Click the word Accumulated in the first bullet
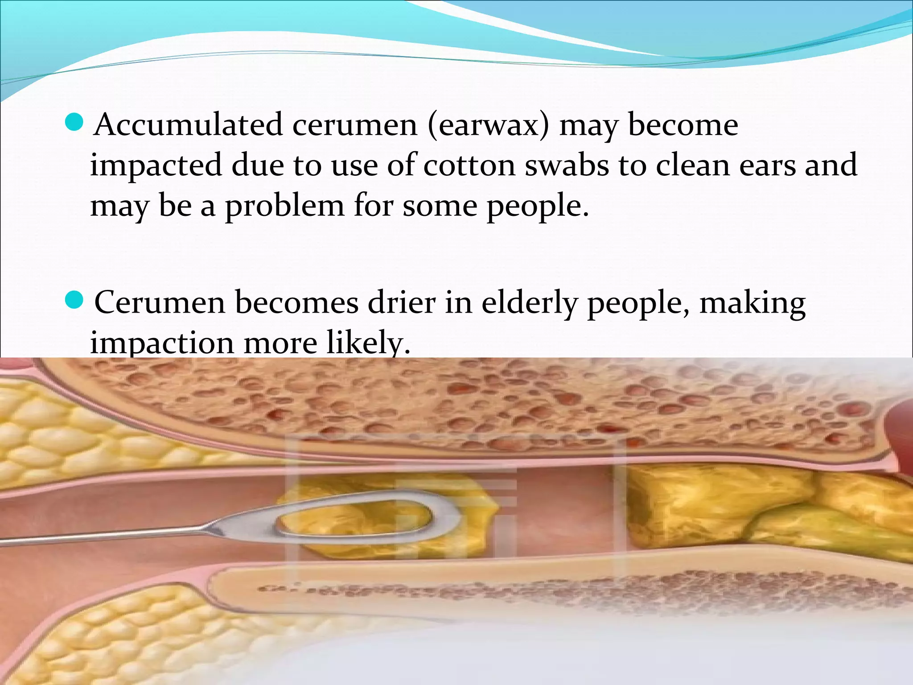coord(188,125)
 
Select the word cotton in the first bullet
coord(469,165)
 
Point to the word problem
coord(284,206)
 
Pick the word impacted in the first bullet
coord(156,165)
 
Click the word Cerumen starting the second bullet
coord(160,303)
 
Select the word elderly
coord(529,303)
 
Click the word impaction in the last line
coord(162,343)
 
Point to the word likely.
coord(368,343)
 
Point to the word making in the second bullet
coord(752,303)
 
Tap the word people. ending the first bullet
coord(537,206)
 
